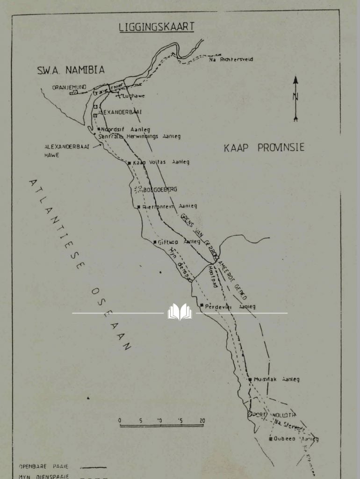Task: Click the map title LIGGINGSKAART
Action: pos(157,27)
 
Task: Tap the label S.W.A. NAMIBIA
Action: pos(71,70)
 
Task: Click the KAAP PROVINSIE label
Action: pos(264,148)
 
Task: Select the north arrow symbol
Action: pos(295,98)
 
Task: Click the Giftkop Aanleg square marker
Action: pos(155,242)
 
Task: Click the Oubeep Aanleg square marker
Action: pos(270,439)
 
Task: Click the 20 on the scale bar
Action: pos(202,421)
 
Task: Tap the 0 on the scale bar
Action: pos(120,421)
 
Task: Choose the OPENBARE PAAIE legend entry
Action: pos(43,466)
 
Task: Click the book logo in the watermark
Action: pos(180,312)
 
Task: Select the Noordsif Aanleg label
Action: pos(125,129)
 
